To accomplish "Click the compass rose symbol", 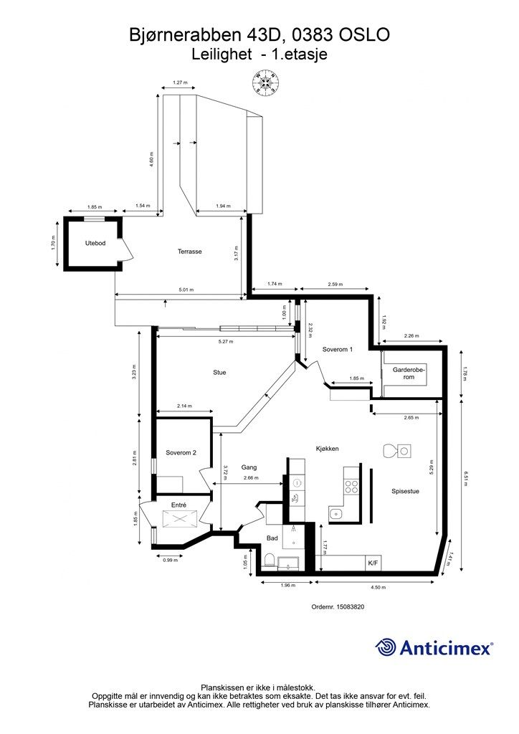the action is point(266,84).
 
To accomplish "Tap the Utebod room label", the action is point(95,243).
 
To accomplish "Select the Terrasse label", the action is point(189,252).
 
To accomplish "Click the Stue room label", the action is point(219,372).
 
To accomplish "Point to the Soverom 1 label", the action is point(338,349).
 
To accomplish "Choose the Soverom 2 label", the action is point(181,453).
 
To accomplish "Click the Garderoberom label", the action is point(409,373).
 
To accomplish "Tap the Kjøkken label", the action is point(327,449).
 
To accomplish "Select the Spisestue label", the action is point(405,491).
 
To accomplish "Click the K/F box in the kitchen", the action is point(373,563).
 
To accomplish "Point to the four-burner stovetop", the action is point(351,487).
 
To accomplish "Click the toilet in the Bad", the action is point(269,561).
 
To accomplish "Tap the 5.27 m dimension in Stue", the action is point(226,342).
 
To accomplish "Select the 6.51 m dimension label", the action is point(465,478).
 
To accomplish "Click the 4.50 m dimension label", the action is point(378,587).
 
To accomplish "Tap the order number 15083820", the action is point(354,606).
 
